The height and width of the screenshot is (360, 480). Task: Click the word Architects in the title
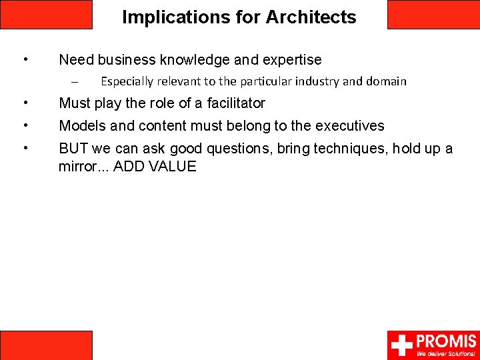[311, 17]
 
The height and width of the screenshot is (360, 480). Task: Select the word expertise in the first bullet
[292, 60]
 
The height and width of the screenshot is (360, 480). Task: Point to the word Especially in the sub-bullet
[127, 81]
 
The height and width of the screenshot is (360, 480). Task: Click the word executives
[349, 125]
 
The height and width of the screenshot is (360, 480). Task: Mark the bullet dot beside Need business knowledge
[25, 59]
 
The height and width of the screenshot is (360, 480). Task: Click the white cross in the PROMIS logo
[402, 345]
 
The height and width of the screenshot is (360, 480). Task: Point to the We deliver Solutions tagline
[446, 354]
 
